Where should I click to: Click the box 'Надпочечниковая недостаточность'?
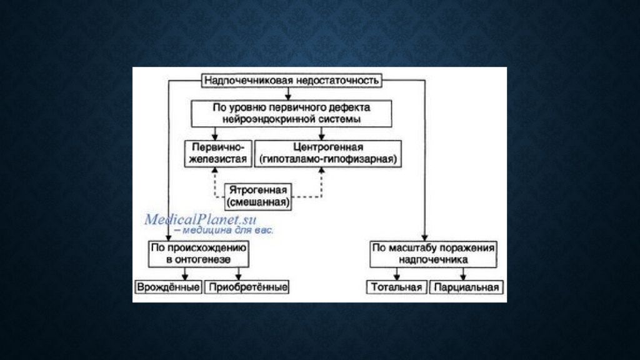click(291, 80)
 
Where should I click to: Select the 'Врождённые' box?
click(168, 287)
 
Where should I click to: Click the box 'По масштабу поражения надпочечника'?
click(433, 252)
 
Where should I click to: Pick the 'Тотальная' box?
click(396, 287)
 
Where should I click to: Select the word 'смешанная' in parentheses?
click(257, 202)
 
